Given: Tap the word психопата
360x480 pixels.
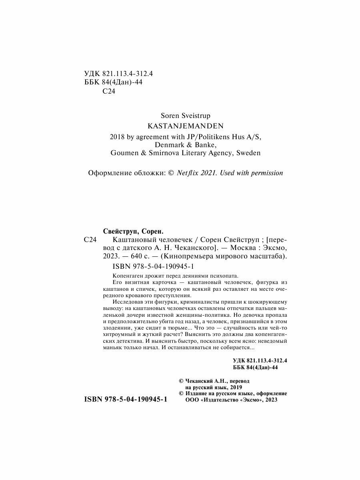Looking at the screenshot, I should [225, 276].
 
